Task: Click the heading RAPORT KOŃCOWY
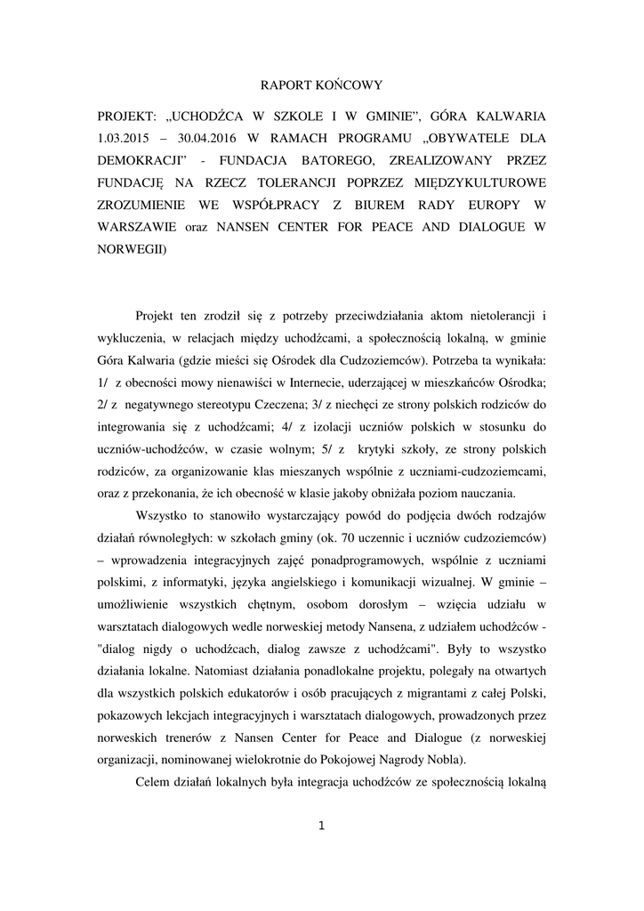321,85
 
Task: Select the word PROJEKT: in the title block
127,117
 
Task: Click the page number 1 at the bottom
322,826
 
